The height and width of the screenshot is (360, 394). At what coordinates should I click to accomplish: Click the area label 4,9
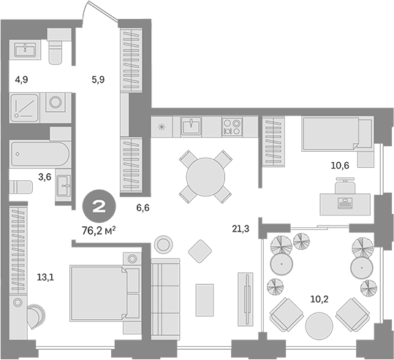22,80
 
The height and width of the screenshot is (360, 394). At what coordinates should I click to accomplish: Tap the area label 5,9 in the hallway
98,80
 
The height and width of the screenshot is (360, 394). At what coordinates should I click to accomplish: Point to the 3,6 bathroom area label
45,177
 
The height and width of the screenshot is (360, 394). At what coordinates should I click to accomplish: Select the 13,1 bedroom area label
45,277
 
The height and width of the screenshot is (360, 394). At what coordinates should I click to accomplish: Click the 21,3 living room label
240,229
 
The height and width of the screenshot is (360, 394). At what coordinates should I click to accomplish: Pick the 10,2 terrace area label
319,299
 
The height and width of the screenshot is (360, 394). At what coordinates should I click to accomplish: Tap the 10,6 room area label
340,166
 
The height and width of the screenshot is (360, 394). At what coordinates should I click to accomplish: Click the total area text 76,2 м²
99,230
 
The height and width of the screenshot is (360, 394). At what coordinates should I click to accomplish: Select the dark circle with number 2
99,207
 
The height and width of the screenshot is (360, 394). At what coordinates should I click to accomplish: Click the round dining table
205,177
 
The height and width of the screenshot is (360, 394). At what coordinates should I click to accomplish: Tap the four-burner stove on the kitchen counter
232,127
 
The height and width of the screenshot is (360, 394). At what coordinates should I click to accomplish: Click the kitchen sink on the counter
192,127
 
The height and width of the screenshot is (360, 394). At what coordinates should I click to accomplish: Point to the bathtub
40,154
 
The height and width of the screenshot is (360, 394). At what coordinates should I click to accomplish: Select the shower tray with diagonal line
24,107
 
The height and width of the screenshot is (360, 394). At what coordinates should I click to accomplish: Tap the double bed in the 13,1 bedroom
105,293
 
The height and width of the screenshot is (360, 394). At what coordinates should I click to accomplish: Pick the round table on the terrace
319,326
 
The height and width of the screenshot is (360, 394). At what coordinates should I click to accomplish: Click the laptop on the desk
345,203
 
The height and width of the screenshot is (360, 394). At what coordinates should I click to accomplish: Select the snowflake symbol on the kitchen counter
161,127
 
